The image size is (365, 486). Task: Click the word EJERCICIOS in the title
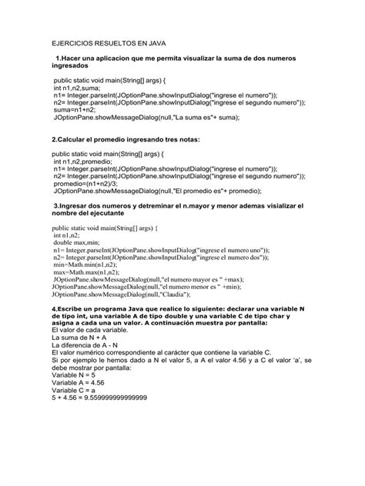pyautogui.click(x=75, y=45)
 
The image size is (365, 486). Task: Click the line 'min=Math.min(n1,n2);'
pyautogui.click(x=89, y=264)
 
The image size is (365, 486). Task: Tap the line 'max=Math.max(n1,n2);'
pyautogui.click(x=89, y=271)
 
